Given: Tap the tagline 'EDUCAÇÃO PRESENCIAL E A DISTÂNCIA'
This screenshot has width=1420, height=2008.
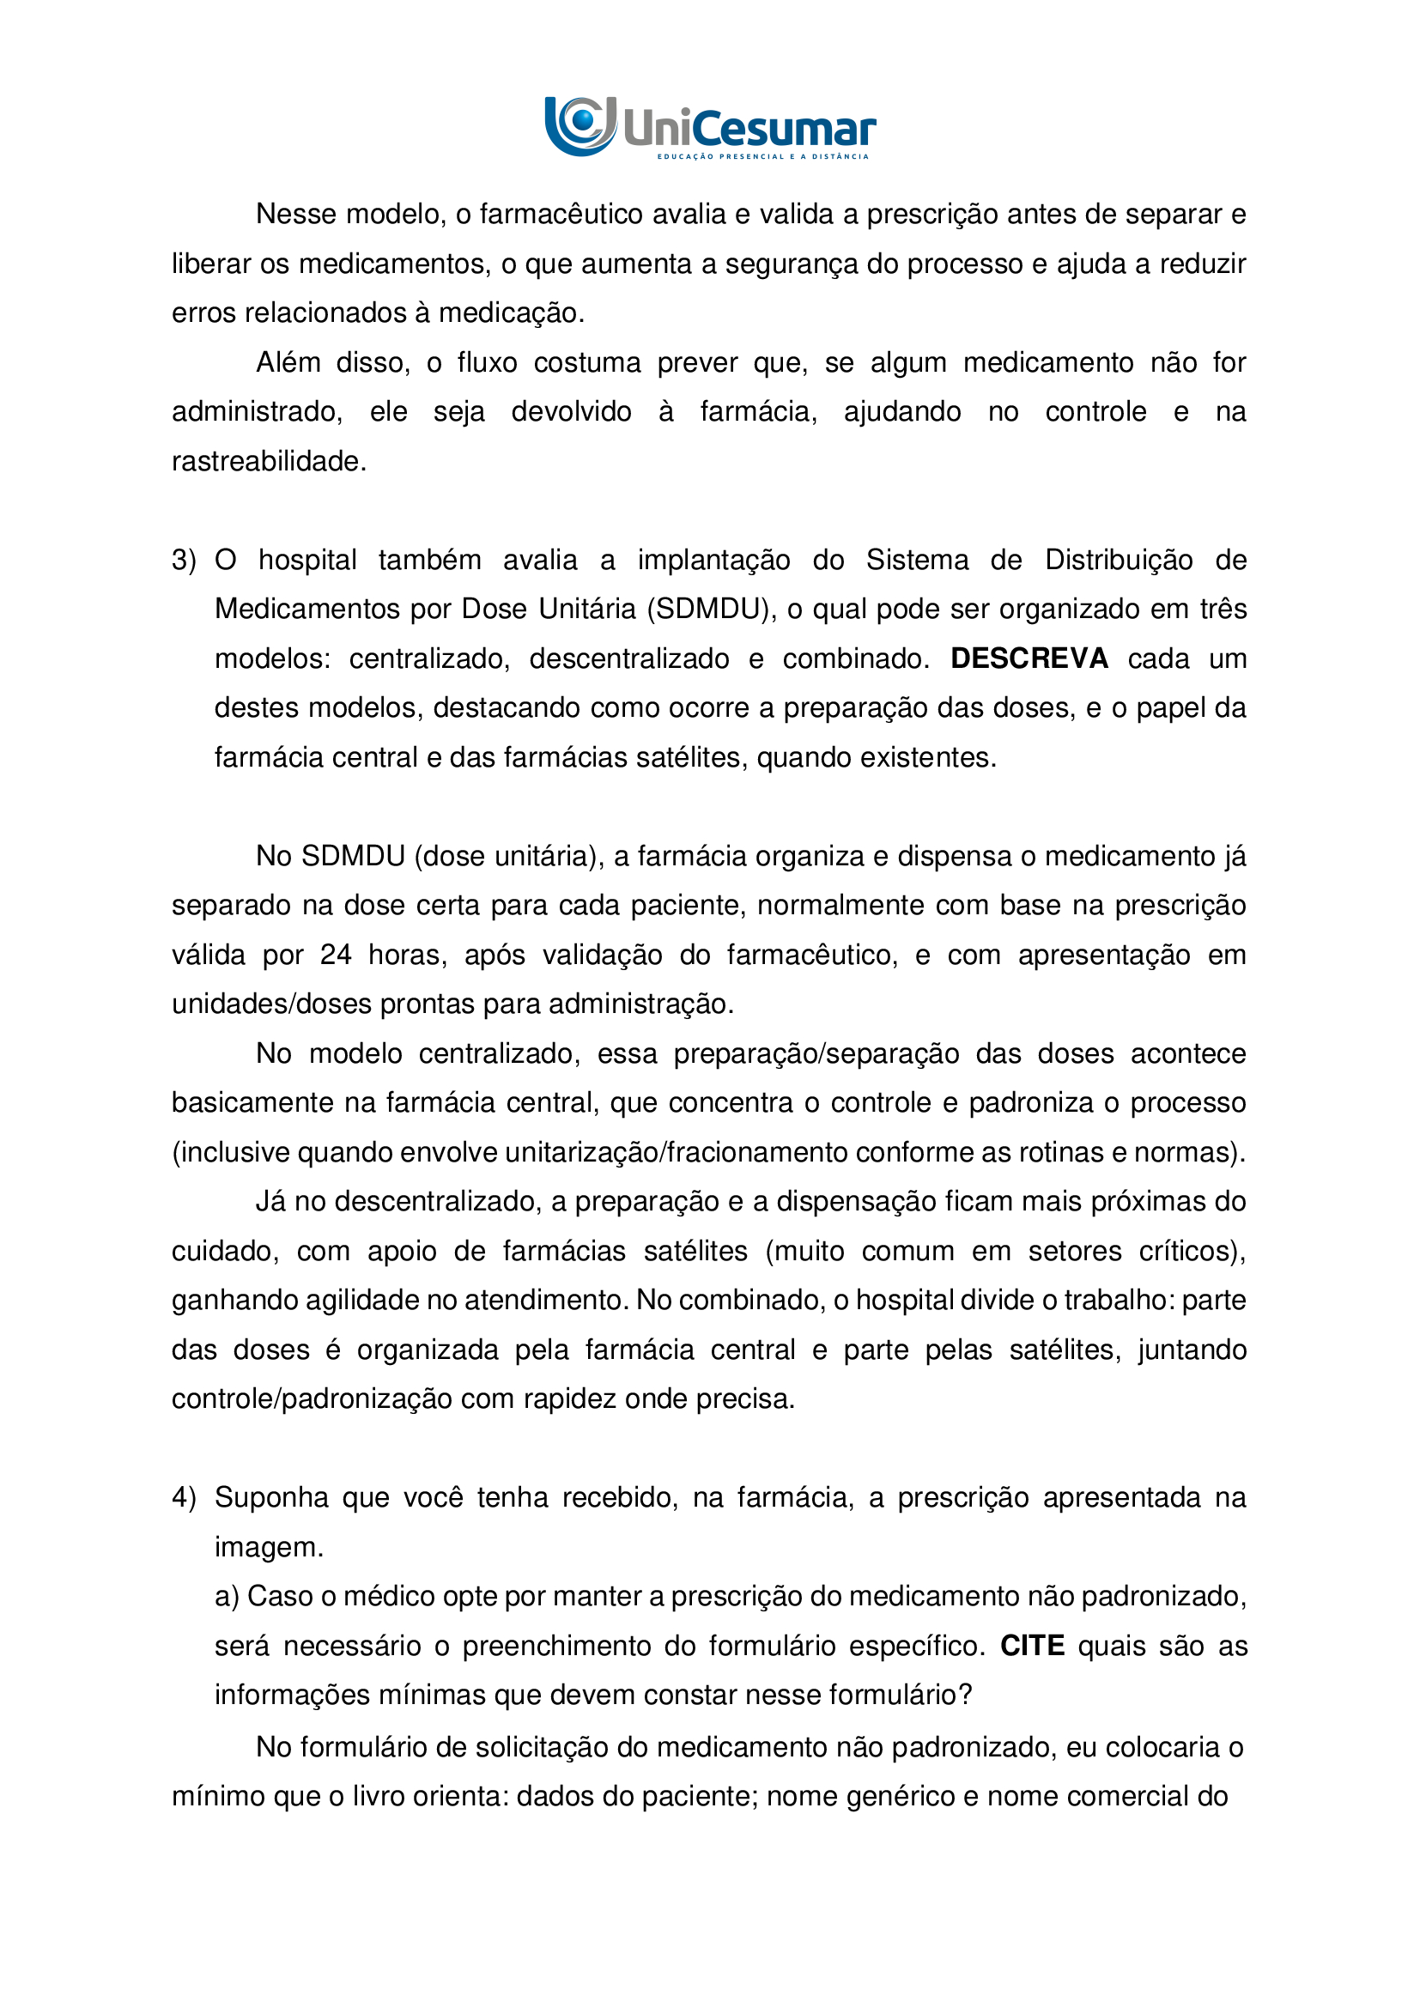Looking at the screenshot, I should click(762, 156).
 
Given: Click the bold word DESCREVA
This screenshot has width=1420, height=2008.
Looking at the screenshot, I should click(1029, 658).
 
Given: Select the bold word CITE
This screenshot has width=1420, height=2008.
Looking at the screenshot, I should click(1032, 1646).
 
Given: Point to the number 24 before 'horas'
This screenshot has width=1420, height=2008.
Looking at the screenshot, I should click(336, 954).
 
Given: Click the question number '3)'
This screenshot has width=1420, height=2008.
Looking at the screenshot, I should click(184, 560).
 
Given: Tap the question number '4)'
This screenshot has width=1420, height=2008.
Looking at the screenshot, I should click(184, 1497).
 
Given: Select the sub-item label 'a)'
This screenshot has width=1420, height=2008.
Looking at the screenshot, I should click(227, 1596).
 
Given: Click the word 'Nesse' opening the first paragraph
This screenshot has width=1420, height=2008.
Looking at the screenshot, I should click(295, 215).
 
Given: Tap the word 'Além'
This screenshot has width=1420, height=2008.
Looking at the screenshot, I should click(288, 362).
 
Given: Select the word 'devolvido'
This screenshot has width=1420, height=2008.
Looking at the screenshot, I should click(571, 411).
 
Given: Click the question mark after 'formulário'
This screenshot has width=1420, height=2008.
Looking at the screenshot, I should click(965, 1695).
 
